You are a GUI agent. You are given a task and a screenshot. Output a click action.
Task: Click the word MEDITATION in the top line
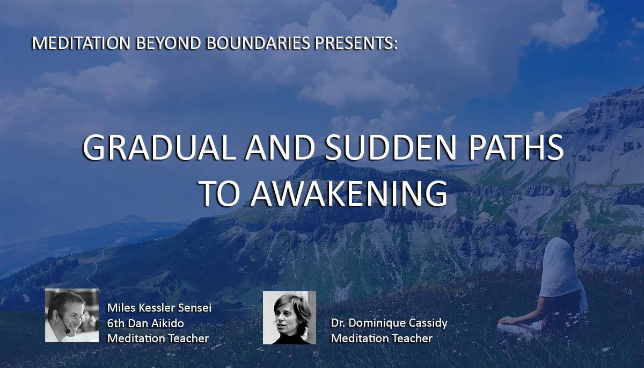pyautogui.click(x=81, y=43)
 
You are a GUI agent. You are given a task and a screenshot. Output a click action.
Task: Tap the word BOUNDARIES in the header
pyautogui.click(x=258, y=43)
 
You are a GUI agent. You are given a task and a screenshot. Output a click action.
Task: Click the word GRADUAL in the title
pyautogui.click(x=159, y=148)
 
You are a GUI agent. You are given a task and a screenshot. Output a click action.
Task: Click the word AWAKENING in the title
pyautogui.click(x=349, y=193)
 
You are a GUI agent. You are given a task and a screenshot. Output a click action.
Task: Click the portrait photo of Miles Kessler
pyautogui.click(x=72, y=315)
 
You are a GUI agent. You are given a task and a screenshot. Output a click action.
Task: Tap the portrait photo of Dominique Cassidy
pyautogui.click(x=289, y=318)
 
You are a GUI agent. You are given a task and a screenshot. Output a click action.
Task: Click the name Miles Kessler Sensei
pyautogui.click(x=159, y=308)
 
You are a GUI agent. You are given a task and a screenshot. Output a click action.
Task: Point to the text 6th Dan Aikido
pyautogui.click(x=145, y=323)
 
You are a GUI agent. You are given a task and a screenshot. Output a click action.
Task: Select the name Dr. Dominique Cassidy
pyautogui.click(x=389, y=323)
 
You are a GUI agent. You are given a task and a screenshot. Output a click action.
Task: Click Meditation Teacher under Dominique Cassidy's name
pyautogui.click(x=382, y=338)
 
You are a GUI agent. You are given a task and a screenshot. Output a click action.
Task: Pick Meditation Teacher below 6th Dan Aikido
pyautogui.click(x=158, y=338)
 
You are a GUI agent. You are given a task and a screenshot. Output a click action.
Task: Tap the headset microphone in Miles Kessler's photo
pyautogui.click(x=67, y=331)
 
